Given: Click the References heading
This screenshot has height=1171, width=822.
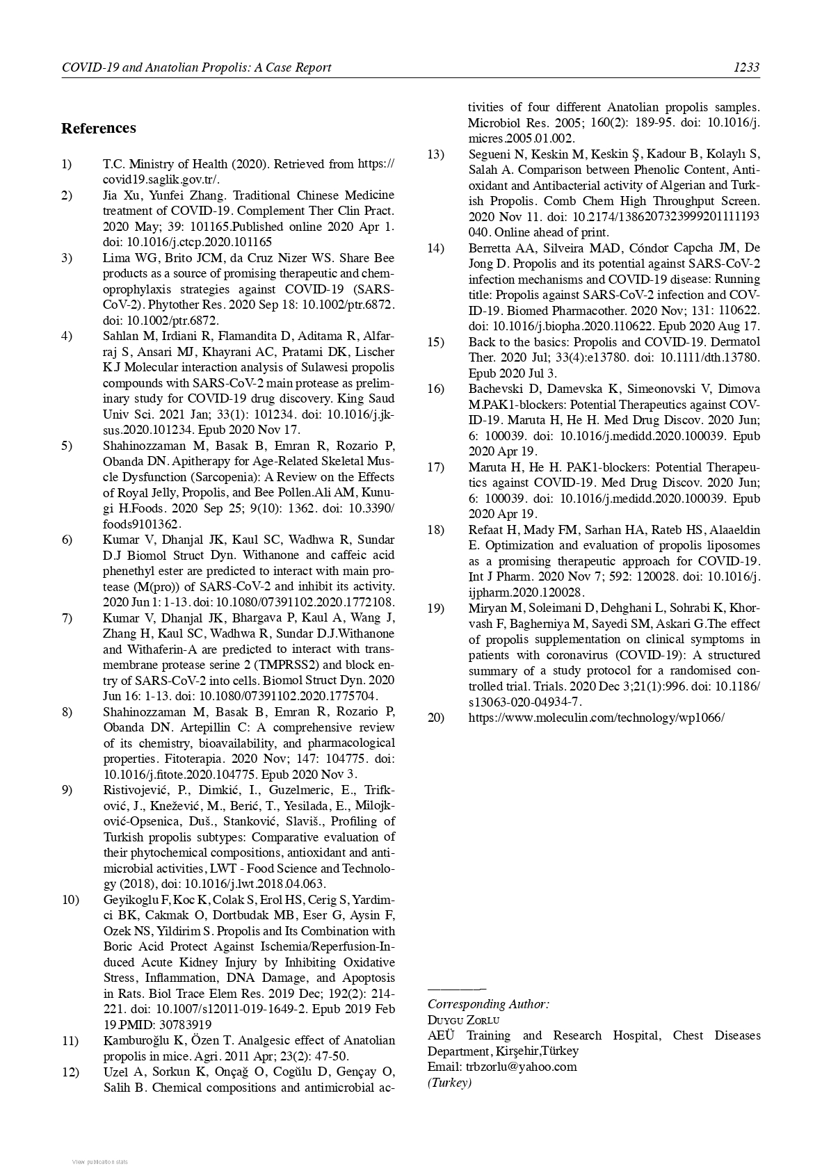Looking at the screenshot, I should coord(99,128).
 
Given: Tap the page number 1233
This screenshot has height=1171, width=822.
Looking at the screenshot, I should coord(746,67).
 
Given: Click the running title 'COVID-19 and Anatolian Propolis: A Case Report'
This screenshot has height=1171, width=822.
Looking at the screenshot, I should coord(196,67).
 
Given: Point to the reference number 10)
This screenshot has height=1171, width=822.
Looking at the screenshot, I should coord(70,900).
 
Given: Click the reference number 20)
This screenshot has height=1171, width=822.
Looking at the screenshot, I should coord(436,717).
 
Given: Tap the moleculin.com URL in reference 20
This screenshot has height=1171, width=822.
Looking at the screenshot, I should coord(596,717).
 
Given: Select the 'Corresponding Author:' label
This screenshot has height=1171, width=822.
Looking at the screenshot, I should coord(488,1004).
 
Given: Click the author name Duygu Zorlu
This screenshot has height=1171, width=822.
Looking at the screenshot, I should coord(463,1020).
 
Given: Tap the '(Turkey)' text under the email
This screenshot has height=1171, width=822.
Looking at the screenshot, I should coord(449,1083).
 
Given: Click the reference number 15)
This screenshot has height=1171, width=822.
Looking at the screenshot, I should coord(436,341).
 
